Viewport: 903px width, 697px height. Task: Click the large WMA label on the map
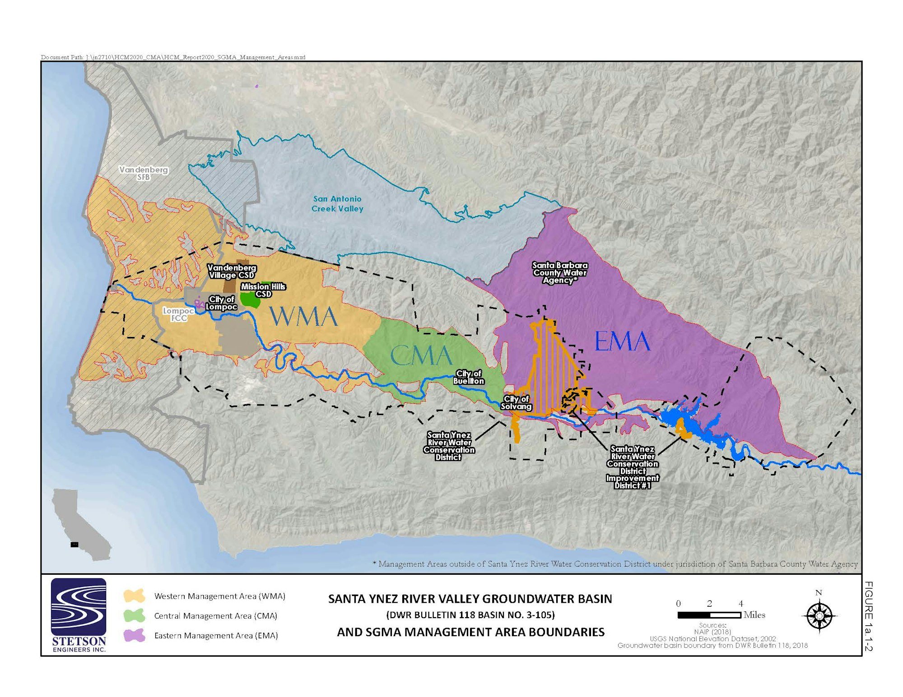(303, 317)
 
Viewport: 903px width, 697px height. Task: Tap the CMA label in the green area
(421, 355)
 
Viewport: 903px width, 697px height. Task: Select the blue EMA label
(622, 342)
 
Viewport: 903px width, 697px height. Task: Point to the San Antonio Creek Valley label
(337, 203)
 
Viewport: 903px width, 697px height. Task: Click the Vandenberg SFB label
(144, 173)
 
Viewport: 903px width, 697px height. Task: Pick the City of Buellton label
(469, 377)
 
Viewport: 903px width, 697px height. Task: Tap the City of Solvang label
(516, 402)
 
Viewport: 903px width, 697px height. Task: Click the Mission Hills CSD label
(263, 290)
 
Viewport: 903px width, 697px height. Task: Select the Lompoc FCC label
(178, 314)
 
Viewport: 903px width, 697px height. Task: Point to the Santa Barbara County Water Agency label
(560, 272)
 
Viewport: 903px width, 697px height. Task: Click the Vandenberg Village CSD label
(232, 271)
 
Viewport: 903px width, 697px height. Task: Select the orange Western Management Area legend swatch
(134, 596)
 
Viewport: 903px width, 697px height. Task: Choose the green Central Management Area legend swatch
(134, 615)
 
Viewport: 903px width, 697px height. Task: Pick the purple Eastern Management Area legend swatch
(134, 635)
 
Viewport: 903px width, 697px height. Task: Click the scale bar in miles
(709, 615)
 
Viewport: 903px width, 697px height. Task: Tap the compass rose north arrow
(819, 615)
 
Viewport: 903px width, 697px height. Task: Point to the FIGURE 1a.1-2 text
(868, 616)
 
